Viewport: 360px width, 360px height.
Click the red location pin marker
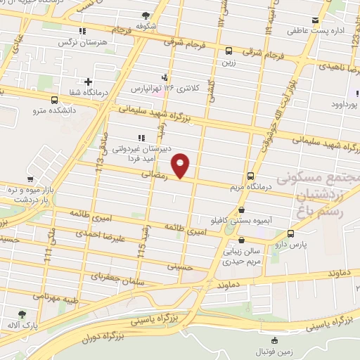point(181,165)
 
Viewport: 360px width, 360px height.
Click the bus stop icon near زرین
point(229,51)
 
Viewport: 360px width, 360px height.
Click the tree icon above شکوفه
point(146,15)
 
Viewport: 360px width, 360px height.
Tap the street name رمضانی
point(154,174)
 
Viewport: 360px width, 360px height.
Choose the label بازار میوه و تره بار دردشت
point(31,195)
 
